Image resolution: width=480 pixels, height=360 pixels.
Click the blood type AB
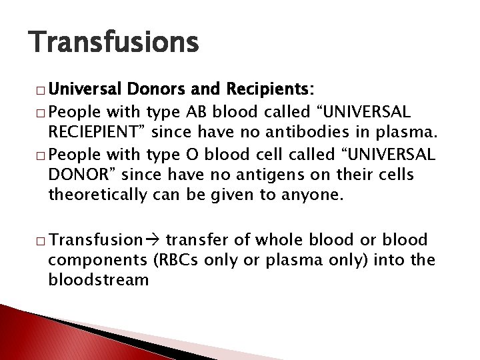[194, 109]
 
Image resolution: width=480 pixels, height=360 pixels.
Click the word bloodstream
[98, 279]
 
